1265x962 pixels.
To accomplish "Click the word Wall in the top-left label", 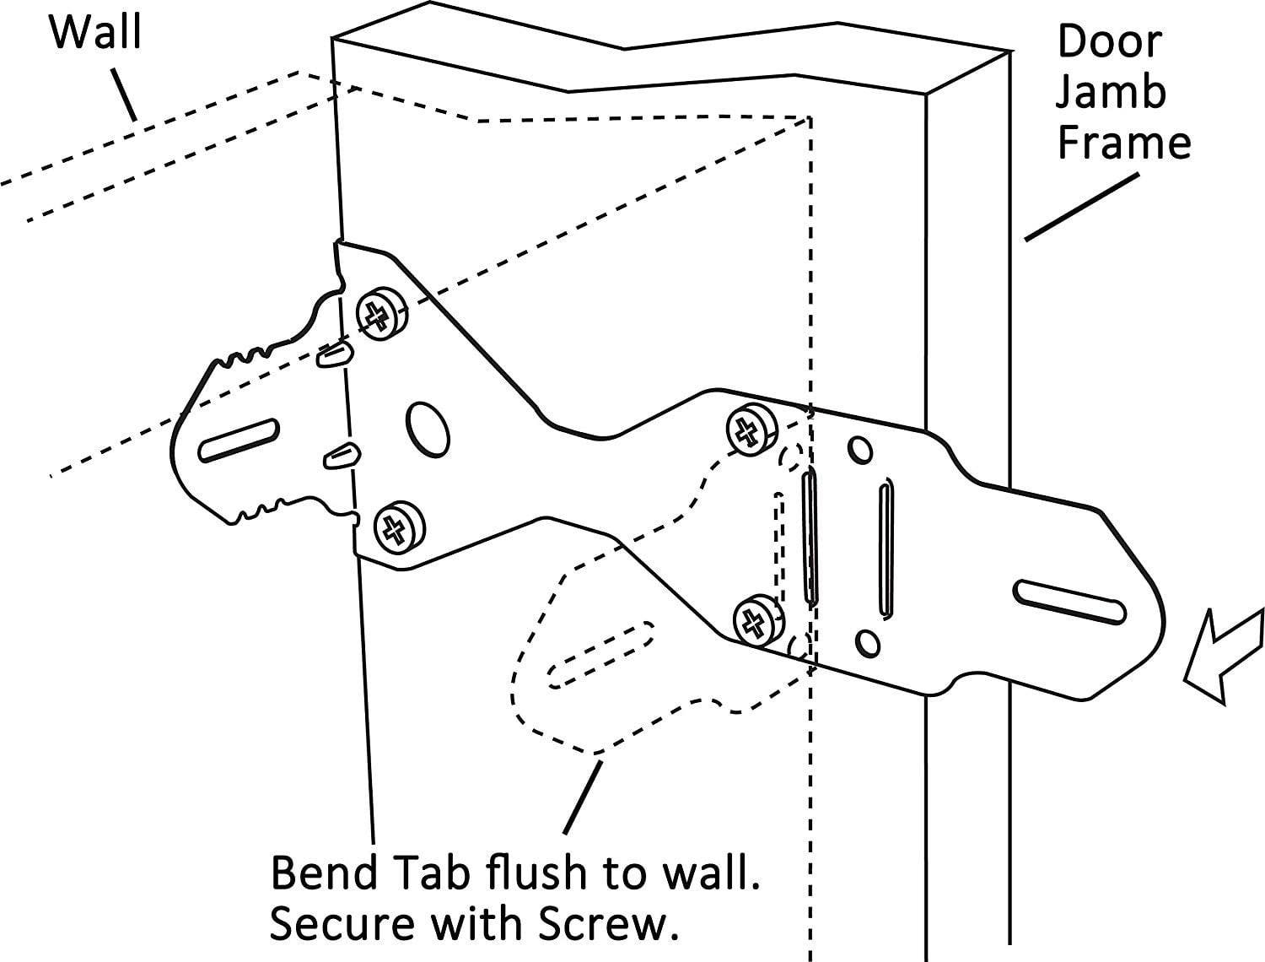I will click(x=95, y=32).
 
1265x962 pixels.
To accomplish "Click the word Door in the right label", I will click(x=1109, y=41).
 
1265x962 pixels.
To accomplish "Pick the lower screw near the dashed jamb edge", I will click(x=756, y=622).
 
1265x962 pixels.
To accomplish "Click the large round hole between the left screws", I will click(x=428, y=426).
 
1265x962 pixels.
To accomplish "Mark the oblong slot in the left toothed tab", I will click(x=239, y=440).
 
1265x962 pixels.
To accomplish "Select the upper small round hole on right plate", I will click(x=860, y=450).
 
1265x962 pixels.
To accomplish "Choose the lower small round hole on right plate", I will click(x=866, y=644).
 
